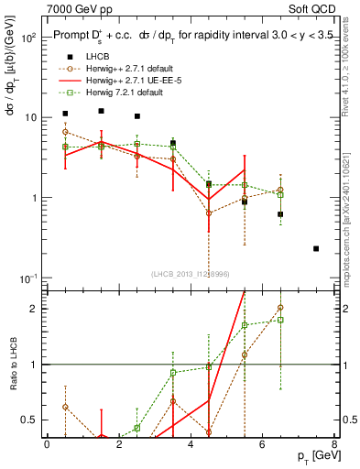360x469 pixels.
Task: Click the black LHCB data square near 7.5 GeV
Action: click(x=316, y=248)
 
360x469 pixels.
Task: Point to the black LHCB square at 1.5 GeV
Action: click(x=101, y=111)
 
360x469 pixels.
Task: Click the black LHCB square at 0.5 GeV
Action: click(x=65, y=114)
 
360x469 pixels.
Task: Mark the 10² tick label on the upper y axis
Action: click(x=27, y=38)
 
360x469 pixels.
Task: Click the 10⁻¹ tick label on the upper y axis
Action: click(x=27, y=278)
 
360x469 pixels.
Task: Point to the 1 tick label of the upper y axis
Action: click(x=33, y=198)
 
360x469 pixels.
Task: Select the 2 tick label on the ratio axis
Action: click(x=33, y=308)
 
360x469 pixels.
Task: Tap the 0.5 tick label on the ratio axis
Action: click(x=29, y=420)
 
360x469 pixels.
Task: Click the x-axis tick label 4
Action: click(x=191, y=444)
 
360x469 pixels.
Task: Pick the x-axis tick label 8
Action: click(x=334, y=444)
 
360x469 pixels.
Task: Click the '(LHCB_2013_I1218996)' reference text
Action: click(x=191, y=274)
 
